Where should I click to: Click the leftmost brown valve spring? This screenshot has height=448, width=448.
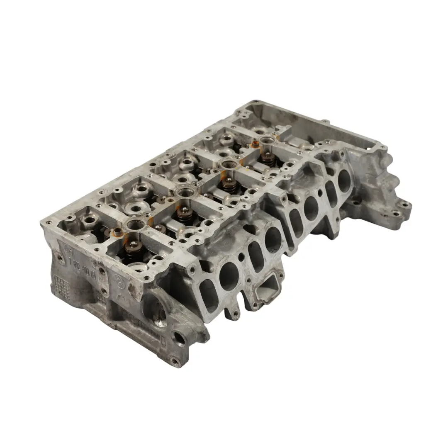click(x=134, y=249)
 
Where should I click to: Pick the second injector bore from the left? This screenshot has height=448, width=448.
click(x=183, y=192)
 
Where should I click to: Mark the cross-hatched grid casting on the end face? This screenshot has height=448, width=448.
click(x=61, y=286)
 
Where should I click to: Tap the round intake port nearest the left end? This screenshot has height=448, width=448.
click(x=229, y=276)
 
